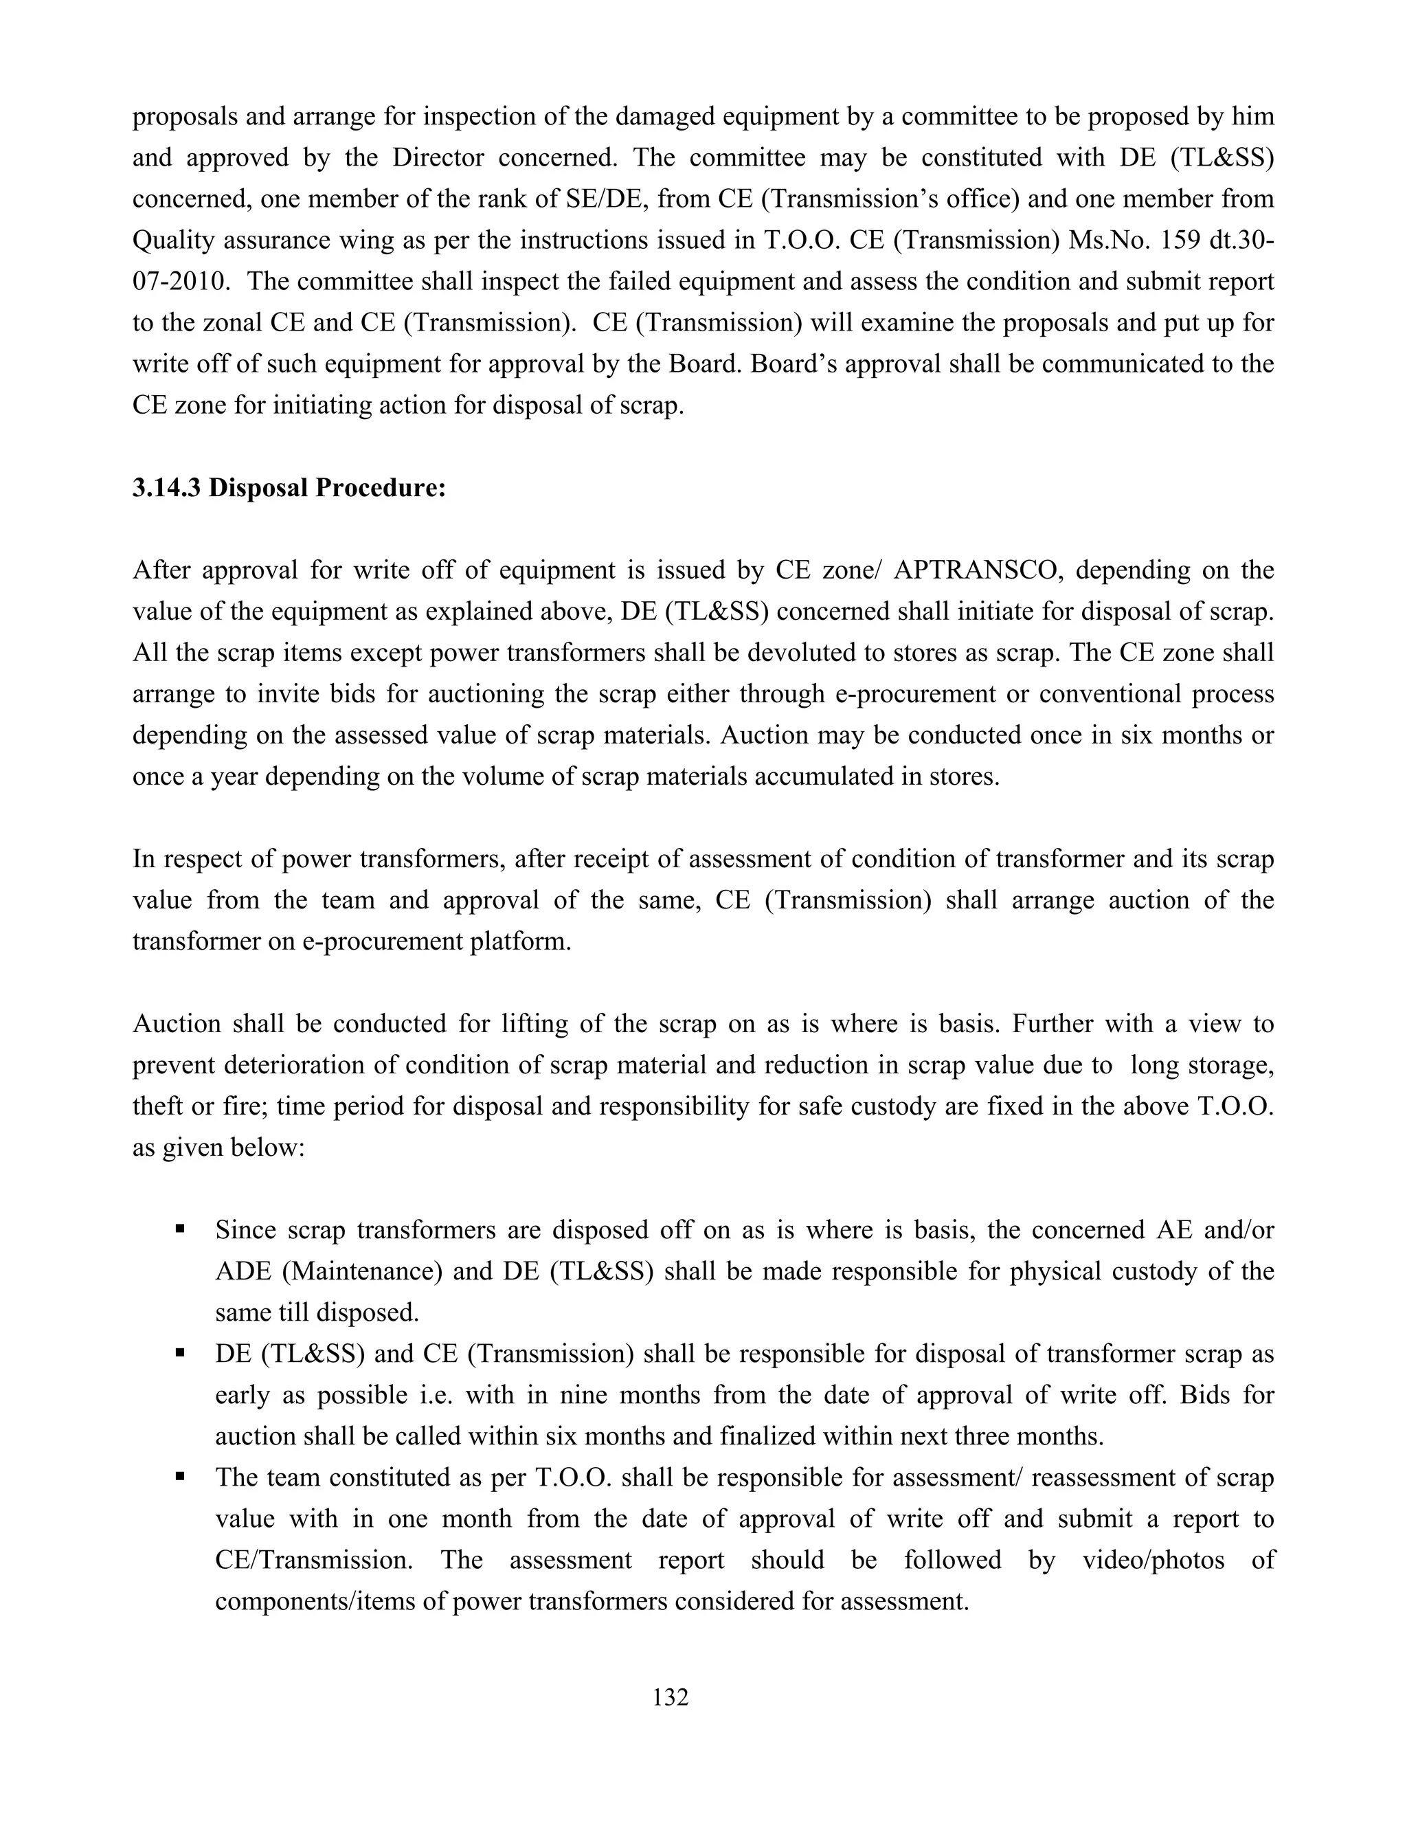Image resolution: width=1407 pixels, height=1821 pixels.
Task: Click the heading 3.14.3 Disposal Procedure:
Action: (289, 488)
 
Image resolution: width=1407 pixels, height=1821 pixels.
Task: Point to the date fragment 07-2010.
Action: (180, 282)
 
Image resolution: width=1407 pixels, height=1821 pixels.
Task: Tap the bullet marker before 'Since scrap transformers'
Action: (180, 1229)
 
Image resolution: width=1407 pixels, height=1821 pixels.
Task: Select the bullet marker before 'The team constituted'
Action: (180, 1477)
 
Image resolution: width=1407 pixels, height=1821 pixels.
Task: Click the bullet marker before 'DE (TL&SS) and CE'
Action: (180, 1352)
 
